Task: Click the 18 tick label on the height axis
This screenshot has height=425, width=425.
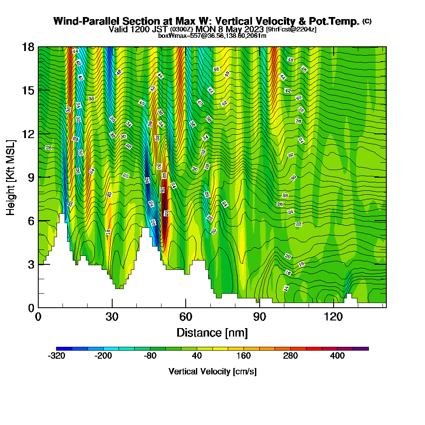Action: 28,47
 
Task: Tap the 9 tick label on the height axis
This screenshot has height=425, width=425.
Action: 31,177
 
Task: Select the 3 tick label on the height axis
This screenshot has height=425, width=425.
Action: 31,264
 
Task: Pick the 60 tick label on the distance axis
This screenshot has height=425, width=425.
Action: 186,317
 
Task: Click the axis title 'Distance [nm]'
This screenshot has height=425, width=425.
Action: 212,332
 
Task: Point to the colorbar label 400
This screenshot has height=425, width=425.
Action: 337,357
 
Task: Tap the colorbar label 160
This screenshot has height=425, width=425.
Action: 244,357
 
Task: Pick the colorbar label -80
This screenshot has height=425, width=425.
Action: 150,357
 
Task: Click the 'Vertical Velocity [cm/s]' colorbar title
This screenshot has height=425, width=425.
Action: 212,371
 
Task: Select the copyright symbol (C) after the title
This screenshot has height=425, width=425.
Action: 367,21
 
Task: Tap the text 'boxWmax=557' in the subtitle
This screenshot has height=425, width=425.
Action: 176,36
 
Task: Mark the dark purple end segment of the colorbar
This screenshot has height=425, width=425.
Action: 361,348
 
